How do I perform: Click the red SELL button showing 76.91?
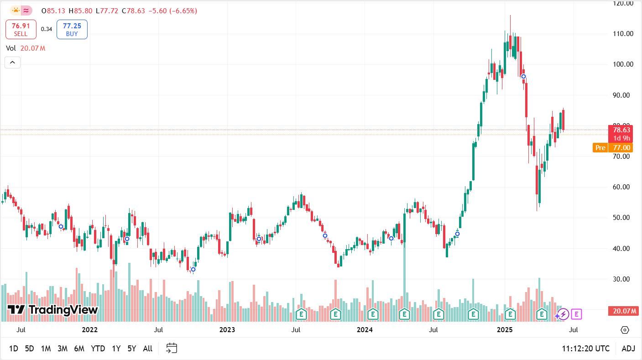[21, 30]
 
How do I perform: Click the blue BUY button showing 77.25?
[72, 30]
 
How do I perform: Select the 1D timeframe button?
[14, 349]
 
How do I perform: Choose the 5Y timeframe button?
[131, 349]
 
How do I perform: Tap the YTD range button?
[98, 349]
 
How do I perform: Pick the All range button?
[147, 349]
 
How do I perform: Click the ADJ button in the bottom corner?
[628, 349]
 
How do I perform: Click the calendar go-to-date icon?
[171, 349]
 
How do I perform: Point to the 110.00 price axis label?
[623, 34]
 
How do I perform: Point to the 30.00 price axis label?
[623, 279]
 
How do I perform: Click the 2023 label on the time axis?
[227, 329]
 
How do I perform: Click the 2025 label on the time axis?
[505, 329]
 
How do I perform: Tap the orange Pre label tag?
[600, 148]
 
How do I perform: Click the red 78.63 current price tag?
[623, 130]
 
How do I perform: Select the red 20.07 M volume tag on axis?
[623, 311]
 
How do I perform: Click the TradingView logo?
[53, 310]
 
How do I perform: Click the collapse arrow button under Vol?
[12, 63]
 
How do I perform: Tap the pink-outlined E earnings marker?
[577, 314]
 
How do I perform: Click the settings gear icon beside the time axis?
[625, 330]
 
